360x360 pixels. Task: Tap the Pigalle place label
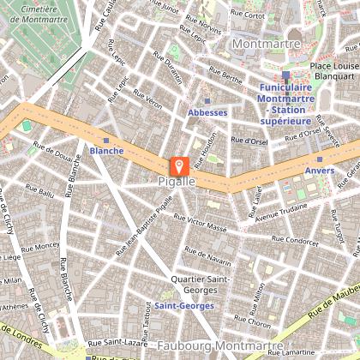pyautogui.click(x=177, y=183)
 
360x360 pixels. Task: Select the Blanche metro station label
pyautogui.click(x=106, y=152)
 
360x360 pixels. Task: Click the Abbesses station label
pyautogui.click(x=207, y=112)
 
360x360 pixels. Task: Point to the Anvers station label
pyautogui.click(x=319, y=171)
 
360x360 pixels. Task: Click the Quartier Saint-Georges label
pyautogui.click(x=199, y=285)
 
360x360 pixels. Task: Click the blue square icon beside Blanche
pyautogui.click(x=106, y=140)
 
